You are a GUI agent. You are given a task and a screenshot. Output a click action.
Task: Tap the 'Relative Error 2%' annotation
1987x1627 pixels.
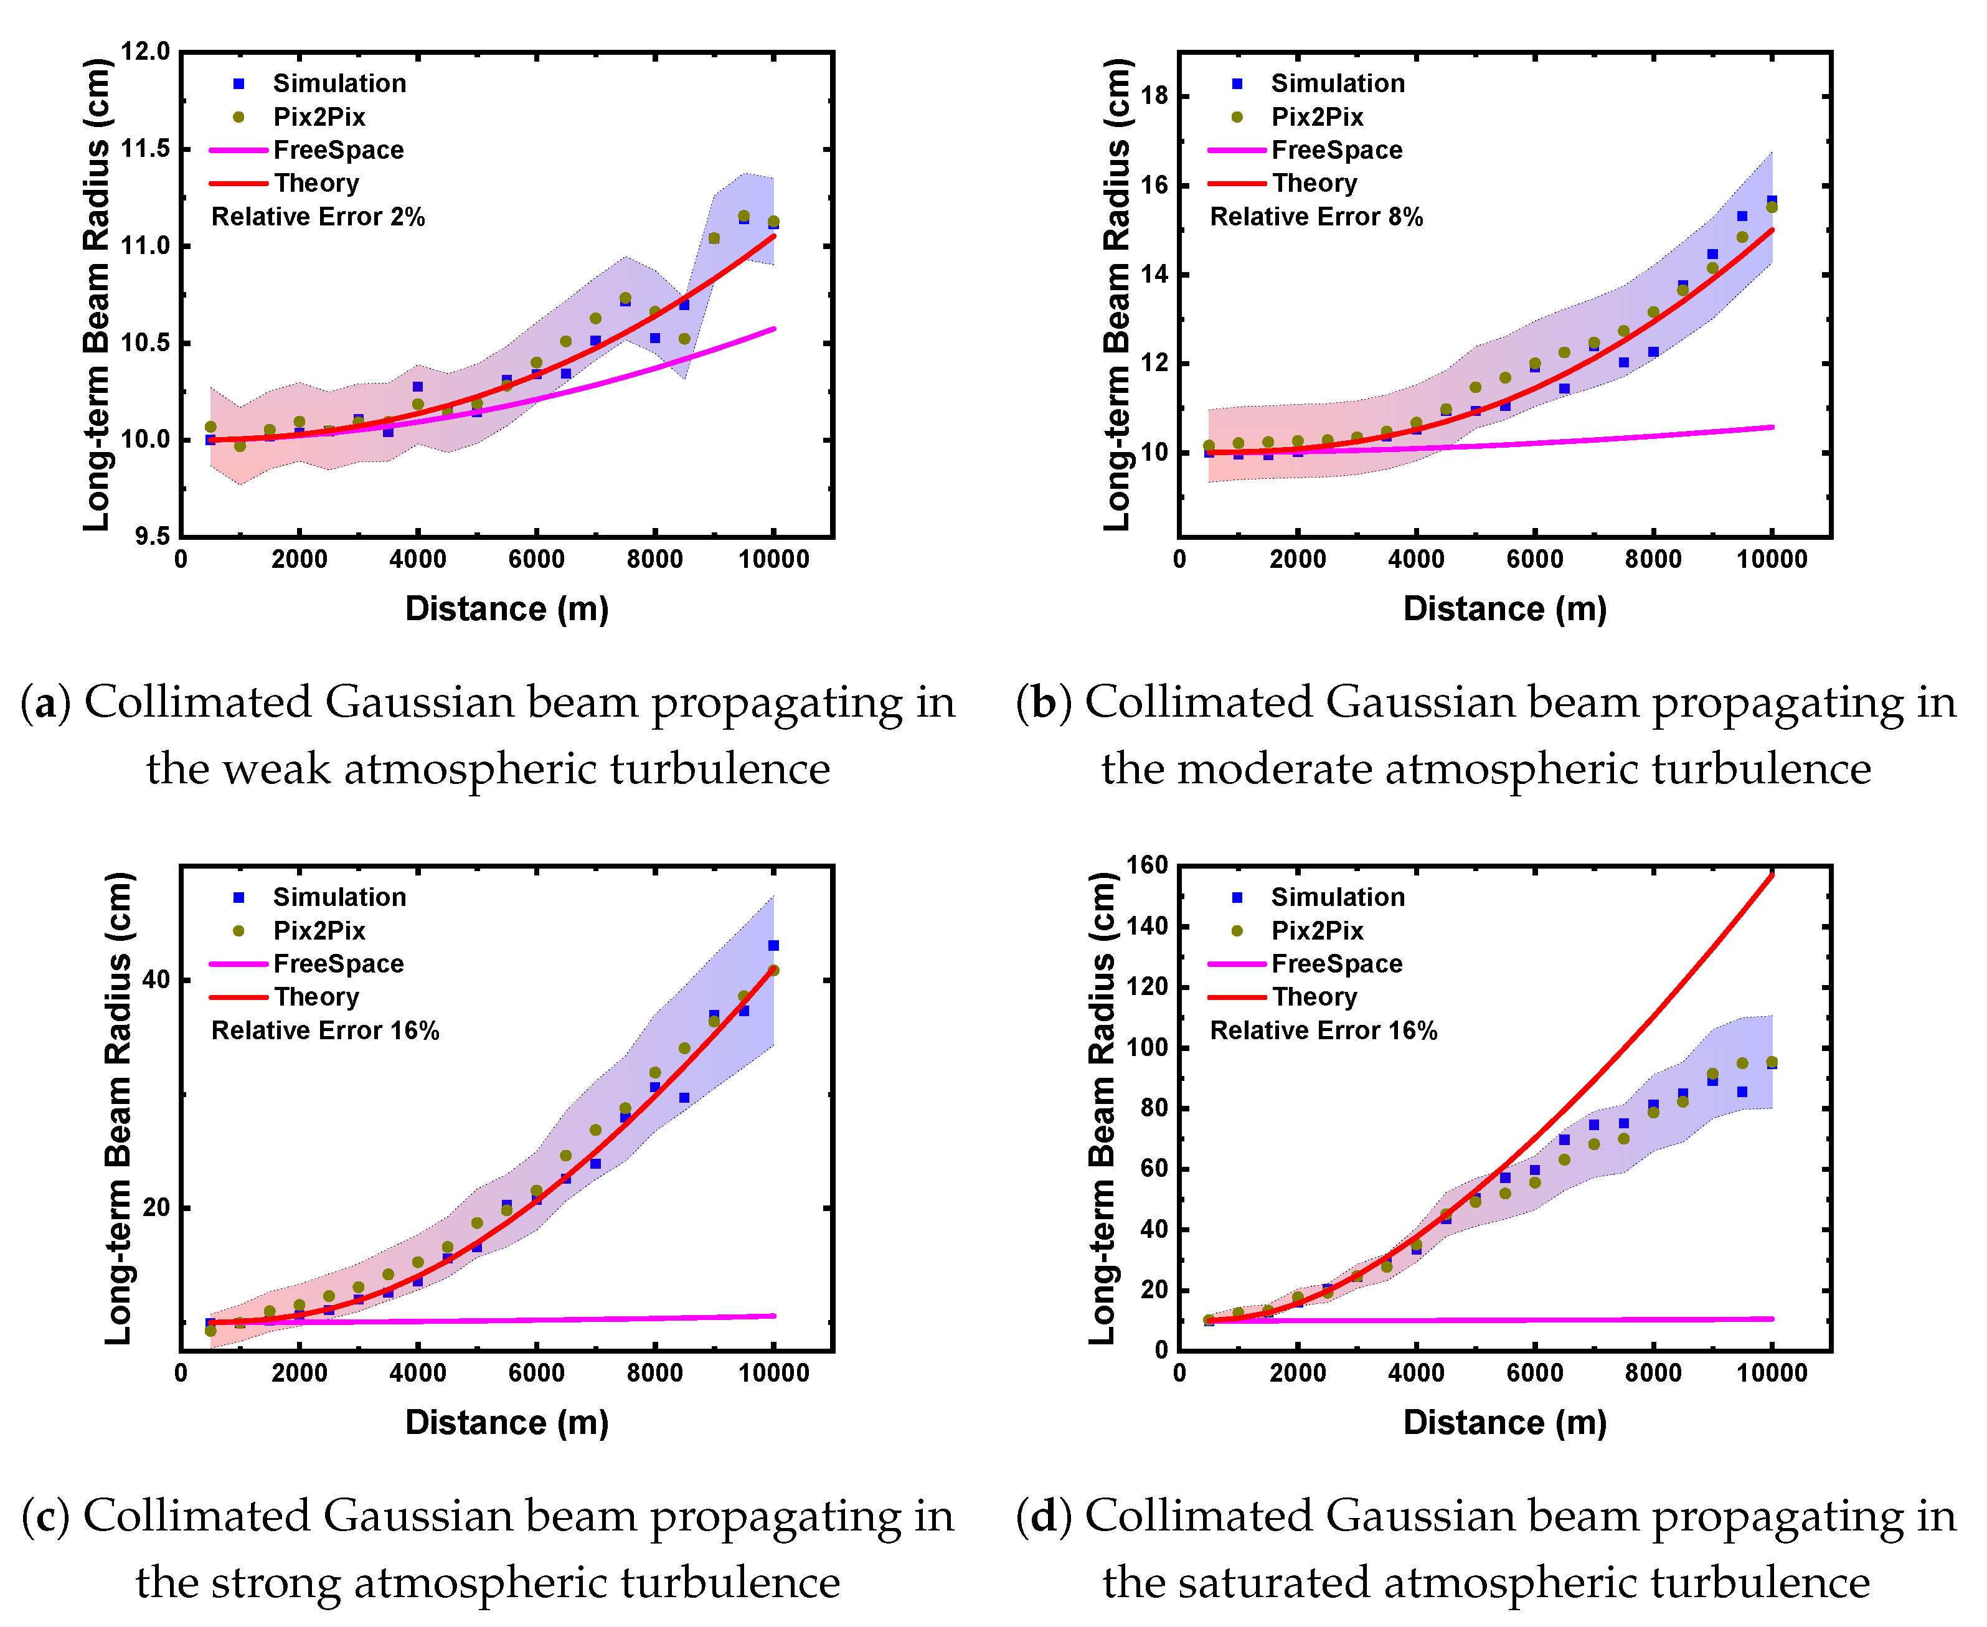click(x=318, y=217)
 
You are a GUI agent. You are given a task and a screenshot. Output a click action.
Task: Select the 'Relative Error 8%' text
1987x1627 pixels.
click(x=1316, y=217)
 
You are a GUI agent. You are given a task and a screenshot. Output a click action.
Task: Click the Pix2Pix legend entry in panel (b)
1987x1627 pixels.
click(x=1316, y=117)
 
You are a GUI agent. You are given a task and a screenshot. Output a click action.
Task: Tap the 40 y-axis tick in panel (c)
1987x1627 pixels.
click(x=156, y=979)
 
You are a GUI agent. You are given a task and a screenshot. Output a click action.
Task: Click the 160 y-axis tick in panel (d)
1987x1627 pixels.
click(x=1146, y=864)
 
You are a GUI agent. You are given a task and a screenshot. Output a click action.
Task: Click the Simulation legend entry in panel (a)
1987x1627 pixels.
click(x=338, y=83)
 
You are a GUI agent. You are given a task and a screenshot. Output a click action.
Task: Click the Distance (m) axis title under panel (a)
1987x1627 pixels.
click(x=507, y=608)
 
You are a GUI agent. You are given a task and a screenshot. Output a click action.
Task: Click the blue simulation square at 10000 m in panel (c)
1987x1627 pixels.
click(x=773, y=946)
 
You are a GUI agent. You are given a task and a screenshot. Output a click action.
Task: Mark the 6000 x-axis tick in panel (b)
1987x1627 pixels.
click(x=1534, y=560)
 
